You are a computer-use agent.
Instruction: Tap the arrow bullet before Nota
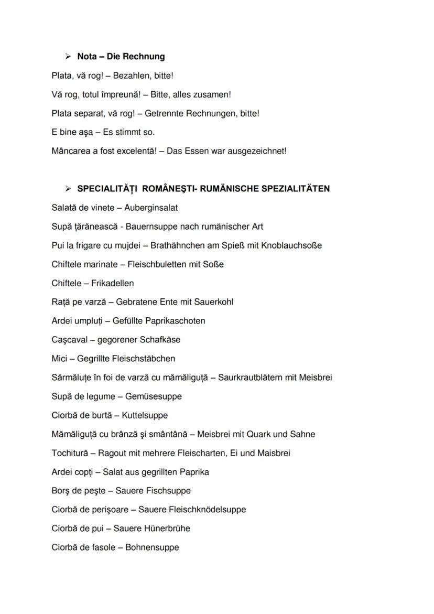[68, 57]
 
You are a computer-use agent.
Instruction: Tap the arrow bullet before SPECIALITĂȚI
[68, 189]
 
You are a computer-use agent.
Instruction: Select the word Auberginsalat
[151, 208]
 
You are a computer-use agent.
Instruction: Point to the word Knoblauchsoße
[291, 245]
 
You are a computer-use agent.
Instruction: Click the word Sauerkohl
[214, 302]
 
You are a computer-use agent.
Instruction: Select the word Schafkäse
[160, 340]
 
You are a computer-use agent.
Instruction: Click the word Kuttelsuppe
[145, 415]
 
